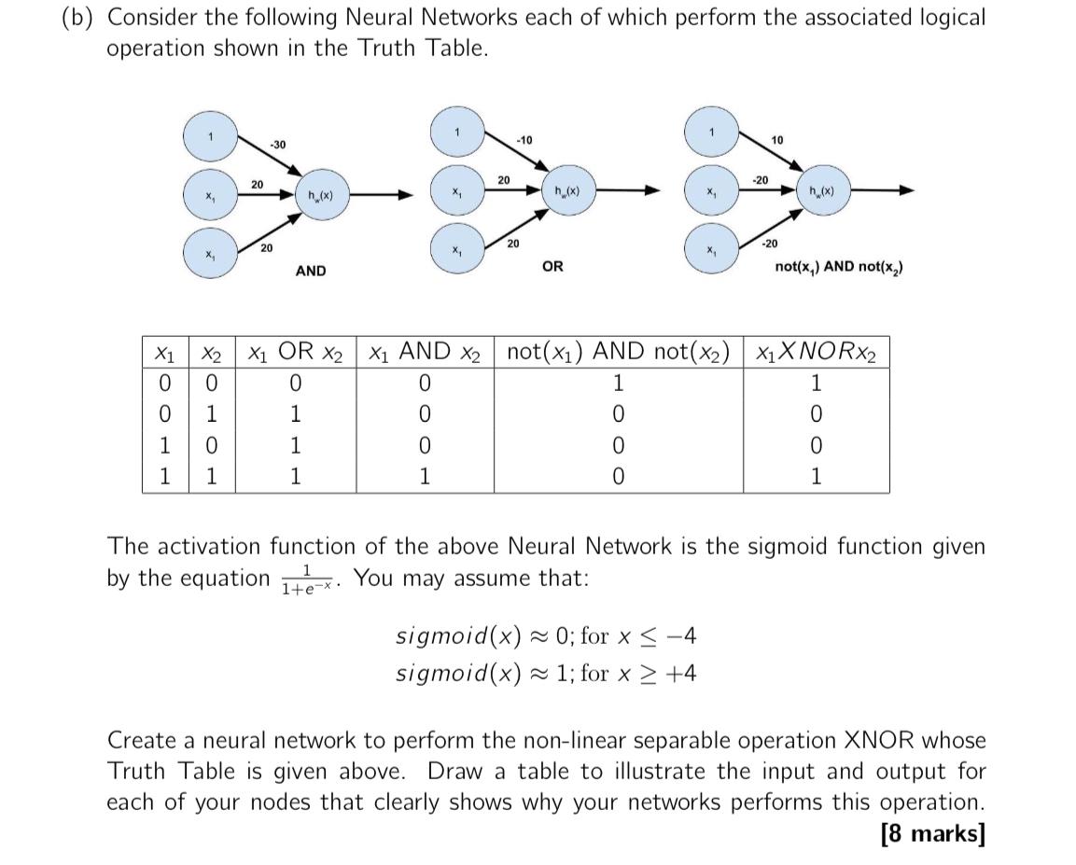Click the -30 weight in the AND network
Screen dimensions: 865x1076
278,144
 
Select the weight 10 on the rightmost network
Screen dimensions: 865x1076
777,140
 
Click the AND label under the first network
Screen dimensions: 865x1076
311,271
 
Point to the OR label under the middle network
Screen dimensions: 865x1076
552,267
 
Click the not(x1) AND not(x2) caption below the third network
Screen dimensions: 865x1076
838,268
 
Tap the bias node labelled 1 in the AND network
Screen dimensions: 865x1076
211,137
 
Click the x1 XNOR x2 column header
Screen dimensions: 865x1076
816,353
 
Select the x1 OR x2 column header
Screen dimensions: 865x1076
295,353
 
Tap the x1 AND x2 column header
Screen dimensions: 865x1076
425,353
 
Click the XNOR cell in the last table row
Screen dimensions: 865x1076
816,478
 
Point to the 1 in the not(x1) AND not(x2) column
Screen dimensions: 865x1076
618,384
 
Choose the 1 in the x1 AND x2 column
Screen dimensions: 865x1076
425,478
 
